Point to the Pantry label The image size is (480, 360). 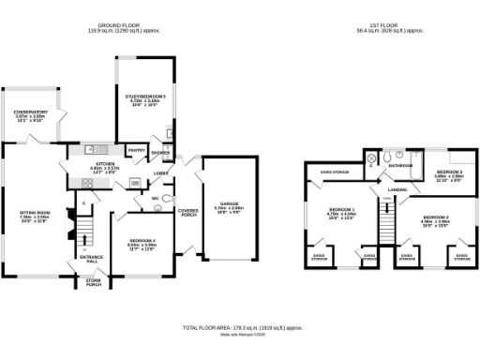click(x=136, y=150)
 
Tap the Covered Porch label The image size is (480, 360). click(x=188, y=213)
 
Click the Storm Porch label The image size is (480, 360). click(x=92, y=281)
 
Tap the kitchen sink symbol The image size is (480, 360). click(x=95, y=149)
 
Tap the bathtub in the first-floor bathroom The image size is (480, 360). click(x=411, y=157)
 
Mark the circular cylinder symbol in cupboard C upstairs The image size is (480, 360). click(x=371, y=159)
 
